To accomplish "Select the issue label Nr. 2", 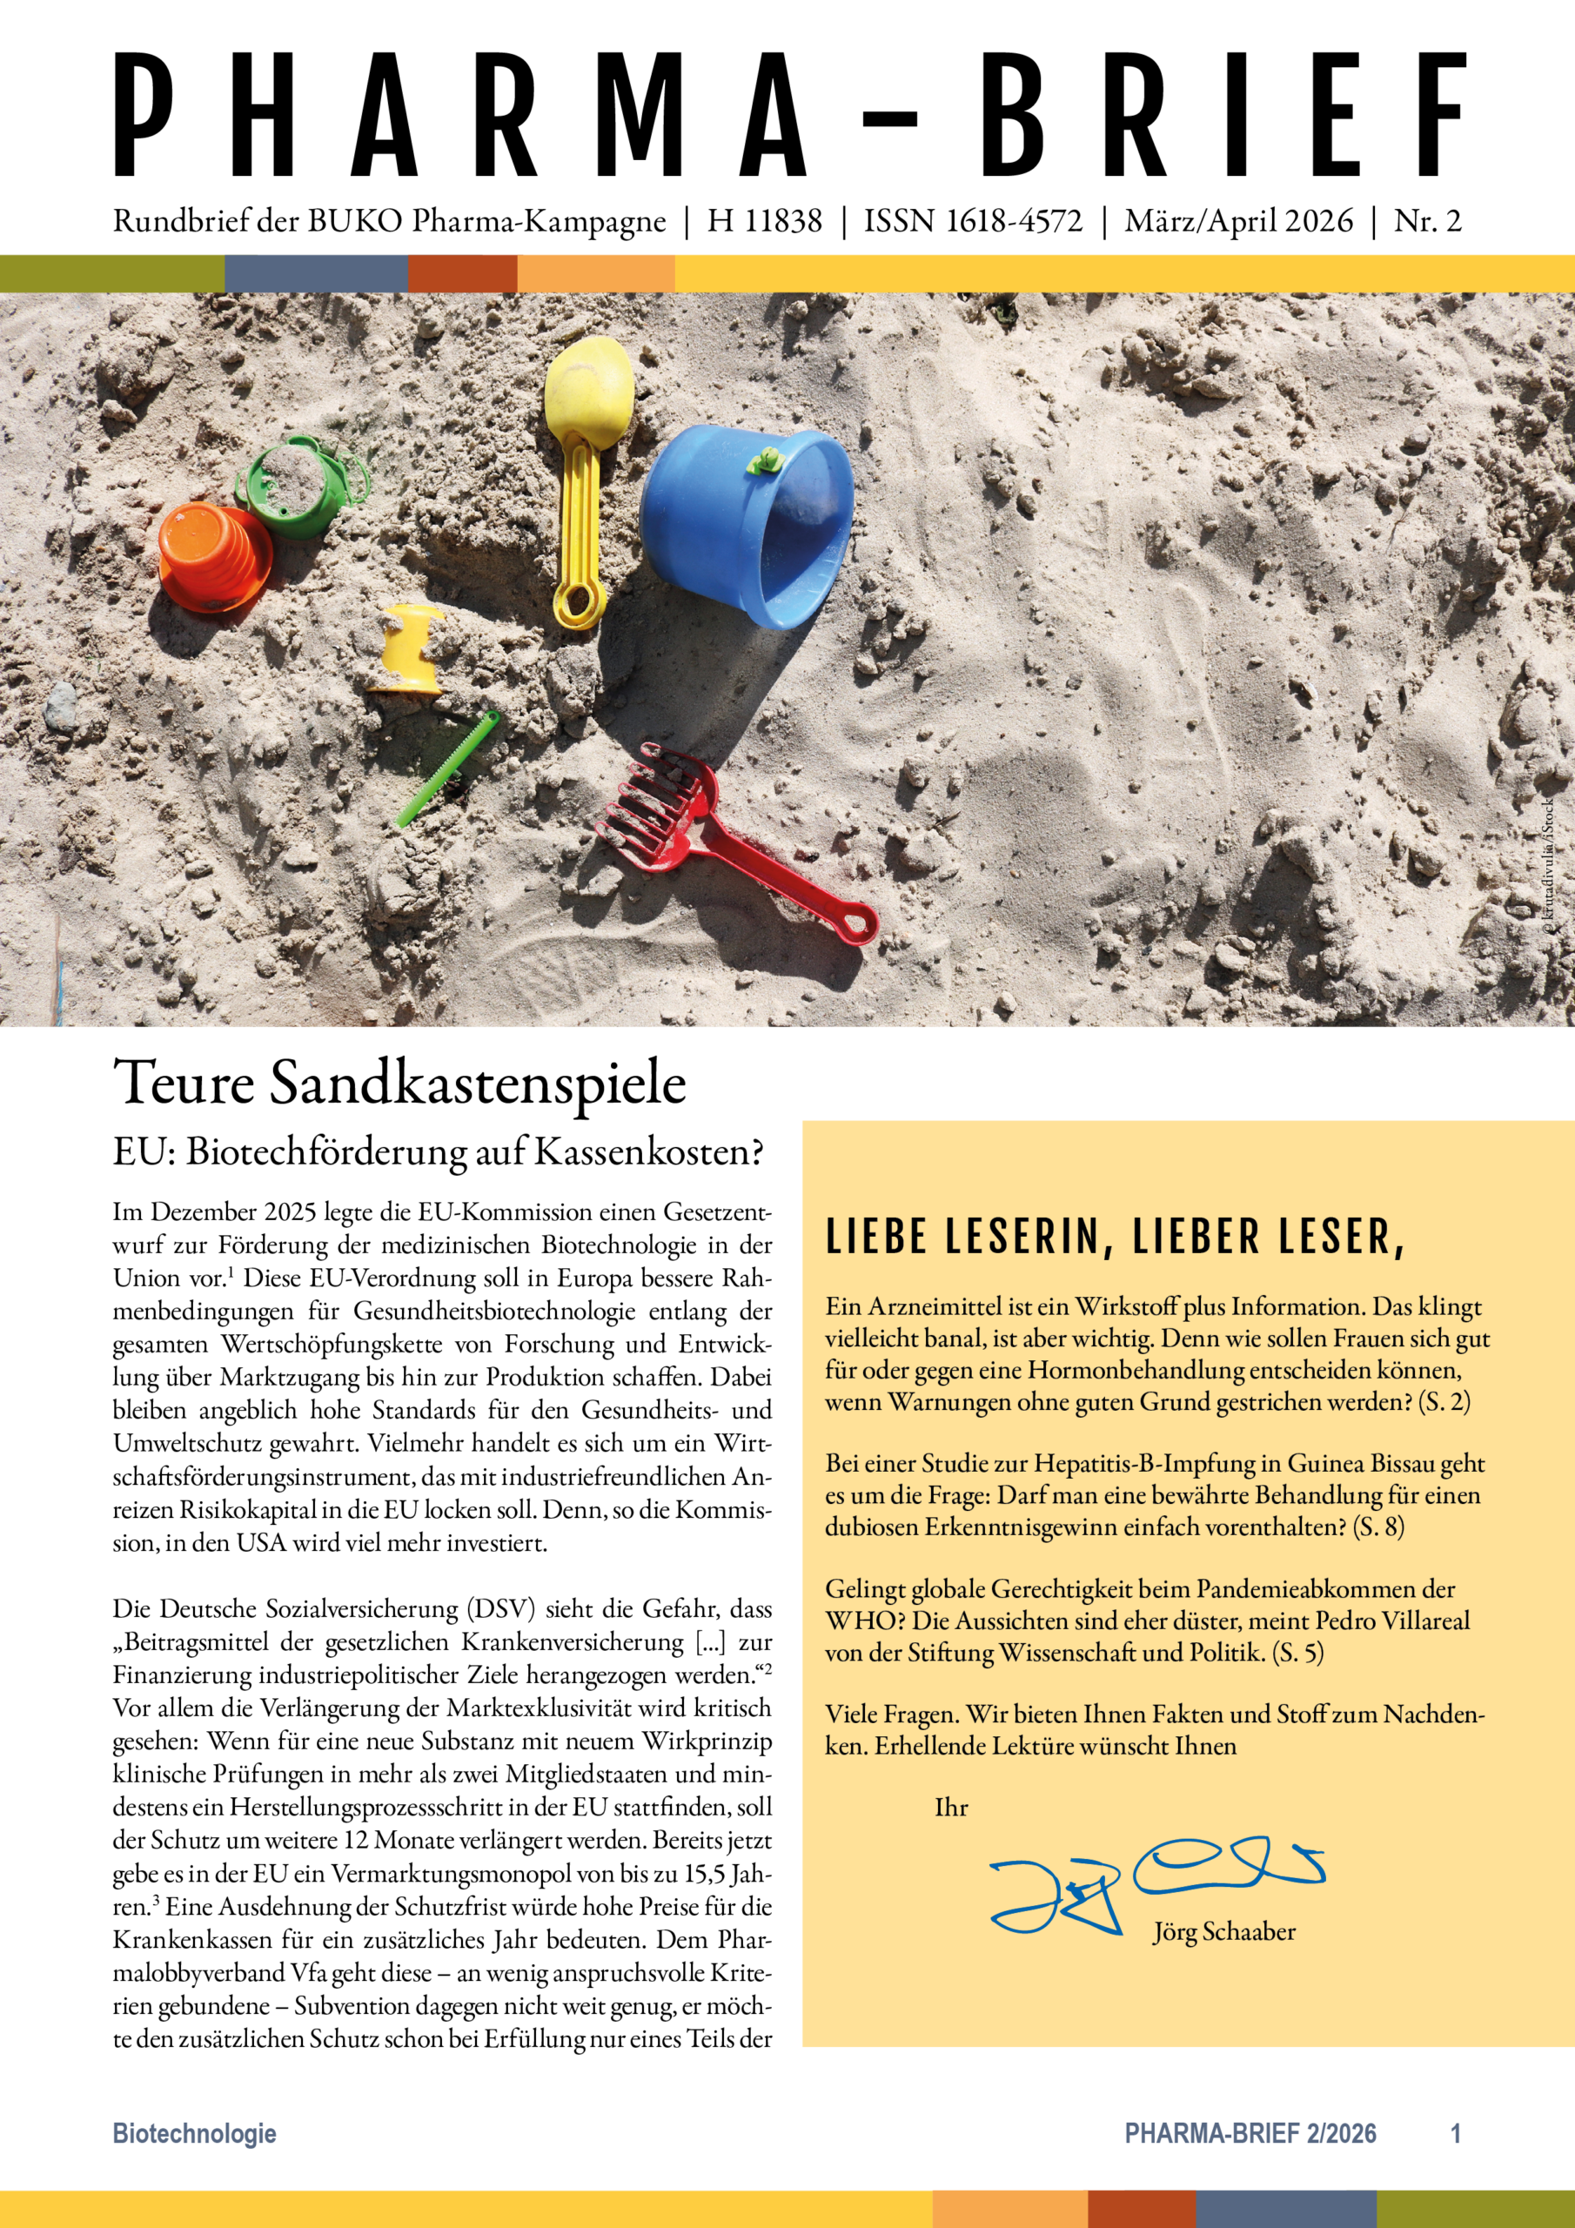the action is tap(1426, 221).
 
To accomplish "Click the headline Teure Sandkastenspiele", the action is tap(399, 1083).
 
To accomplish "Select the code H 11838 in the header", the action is tap(765, 221).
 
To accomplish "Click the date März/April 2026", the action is tap(1238, 221).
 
